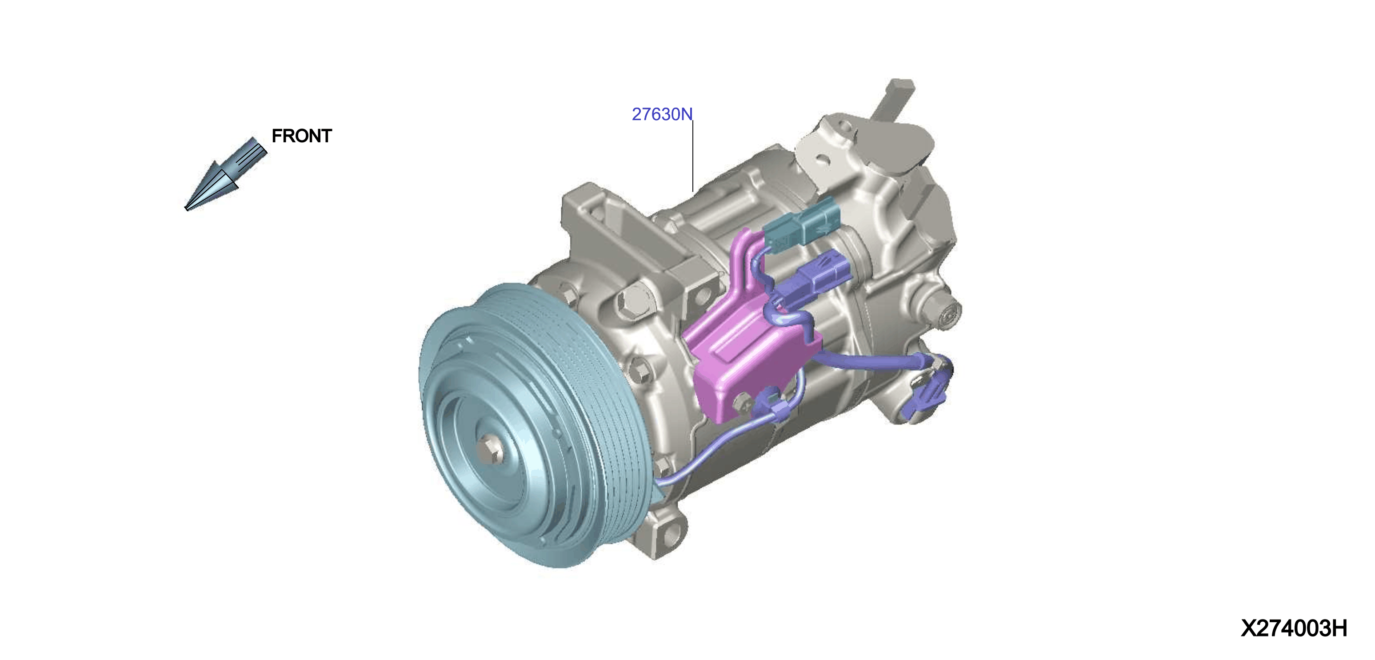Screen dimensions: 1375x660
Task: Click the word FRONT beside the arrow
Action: coord(302,136)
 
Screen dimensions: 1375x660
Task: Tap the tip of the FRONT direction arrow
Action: coord(186,209)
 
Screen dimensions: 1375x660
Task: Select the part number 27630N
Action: coord(662,114)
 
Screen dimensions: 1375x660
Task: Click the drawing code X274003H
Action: coord(1294,628)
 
